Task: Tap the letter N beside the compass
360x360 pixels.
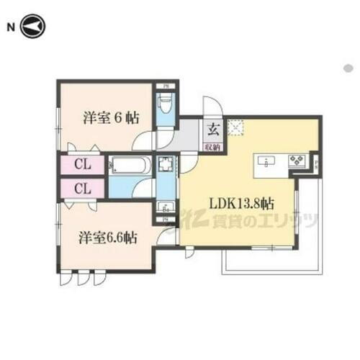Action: (11, 27)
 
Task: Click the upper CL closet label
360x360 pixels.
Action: (82, 165)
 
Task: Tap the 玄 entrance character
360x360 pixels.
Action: (214, 130)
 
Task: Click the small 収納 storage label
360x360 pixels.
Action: (213, 145)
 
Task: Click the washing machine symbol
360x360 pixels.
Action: (165, 166)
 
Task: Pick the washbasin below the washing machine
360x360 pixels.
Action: (165, 207)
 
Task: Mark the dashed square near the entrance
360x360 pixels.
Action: (235, 127)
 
